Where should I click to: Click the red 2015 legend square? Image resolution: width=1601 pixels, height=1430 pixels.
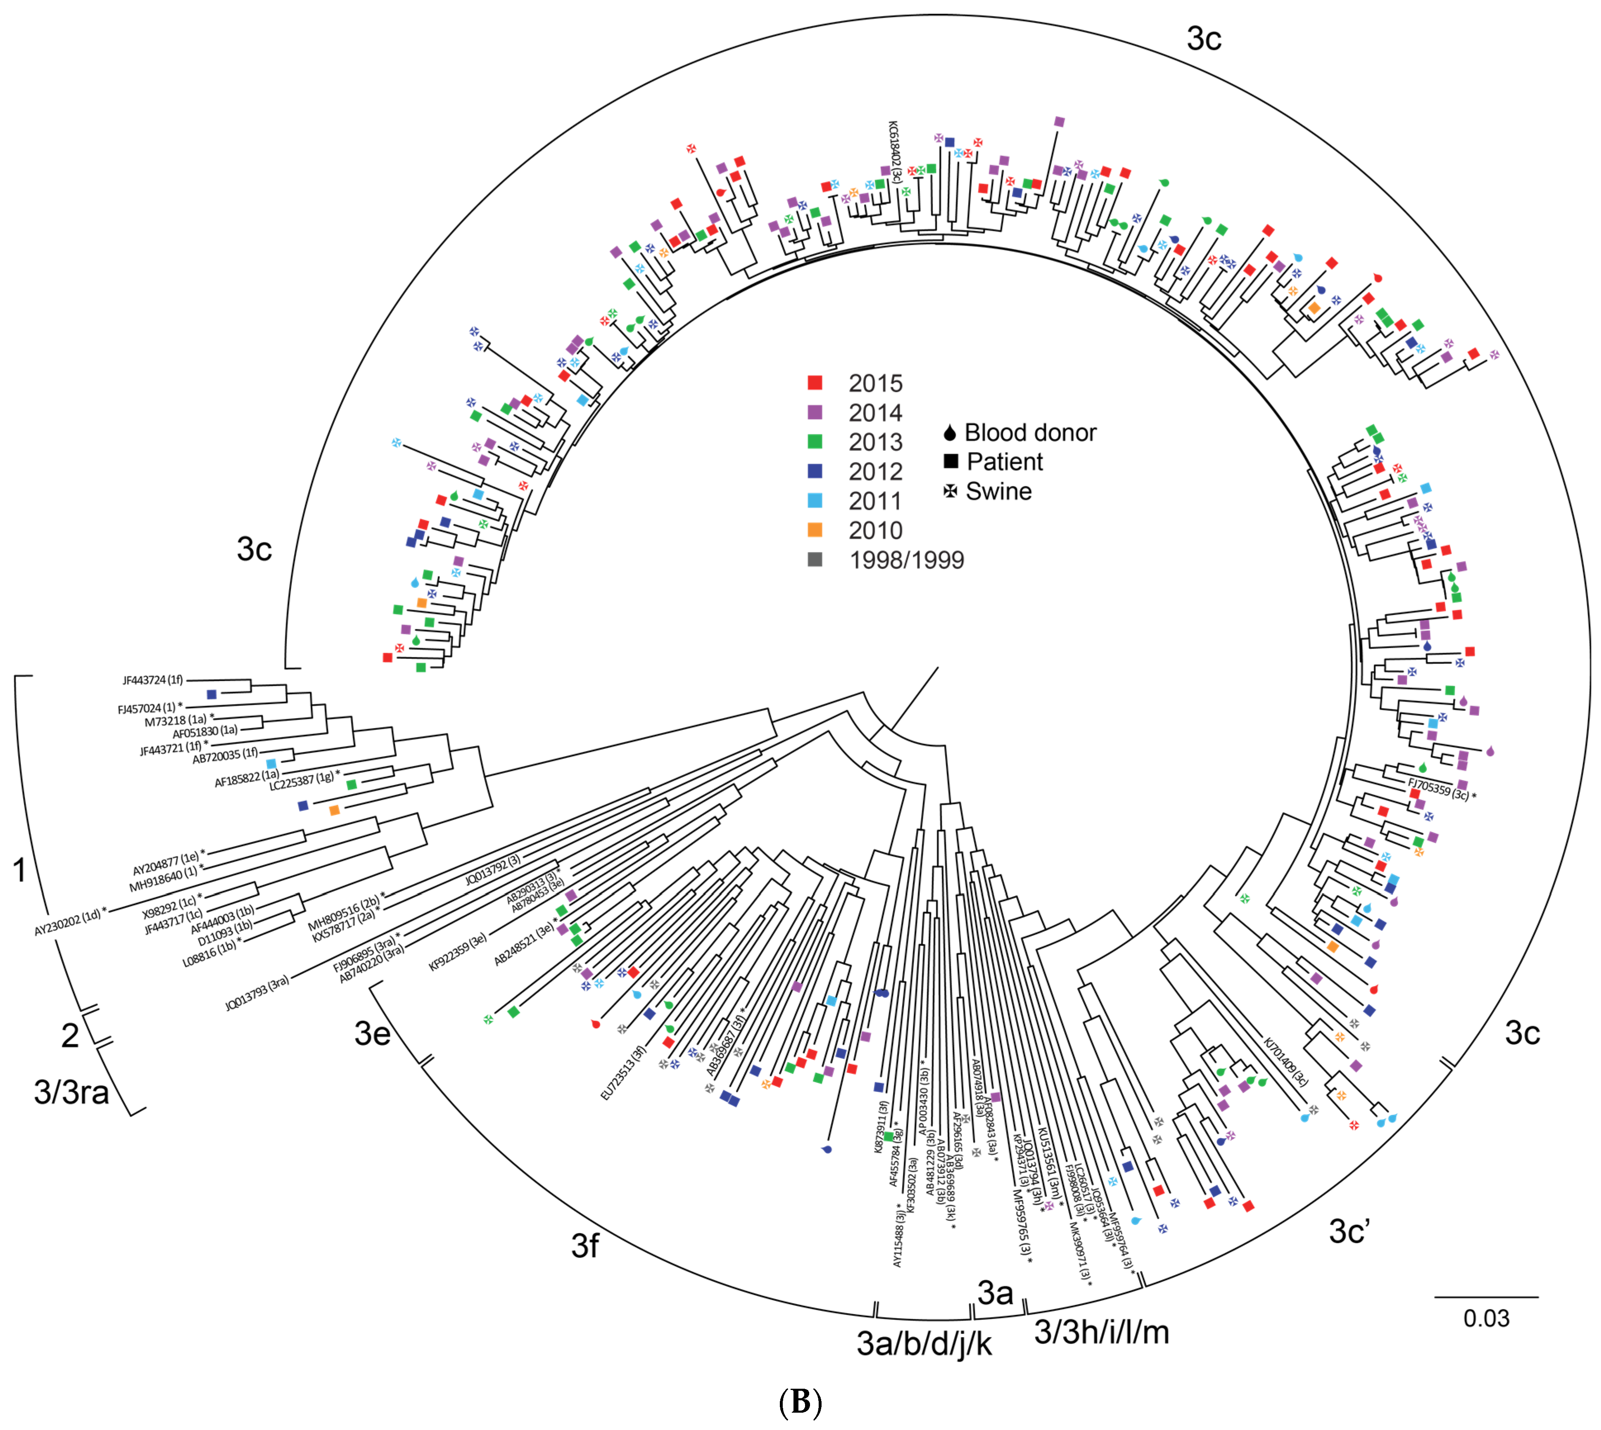[x=815, y=383]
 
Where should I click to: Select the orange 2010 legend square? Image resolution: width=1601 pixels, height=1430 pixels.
[x=815, y=530]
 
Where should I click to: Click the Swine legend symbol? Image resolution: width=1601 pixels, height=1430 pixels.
[x=950, y=491]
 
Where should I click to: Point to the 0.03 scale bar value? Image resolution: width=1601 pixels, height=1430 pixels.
[x=1485, y=1318]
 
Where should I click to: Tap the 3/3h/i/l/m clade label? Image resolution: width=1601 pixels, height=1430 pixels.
[x=1101, y=1331]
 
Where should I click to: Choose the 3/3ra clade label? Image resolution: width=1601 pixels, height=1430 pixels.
[x=71, y=1092]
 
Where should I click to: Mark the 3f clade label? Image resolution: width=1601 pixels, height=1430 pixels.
[x=585, y=1245]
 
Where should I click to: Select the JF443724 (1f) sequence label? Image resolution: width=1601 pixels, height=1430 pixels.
[x=152, y=680]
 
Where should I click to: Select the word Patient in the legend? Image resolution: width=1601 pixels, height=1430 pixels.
[x=1005, y=462]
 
